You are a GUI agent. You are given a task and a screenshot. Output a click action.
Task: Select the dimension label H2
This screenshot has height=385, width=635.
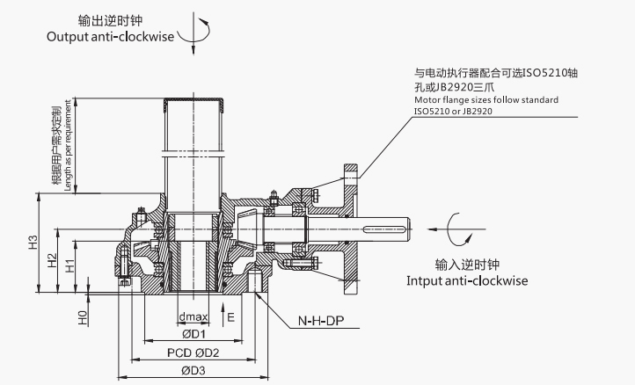point(52,260)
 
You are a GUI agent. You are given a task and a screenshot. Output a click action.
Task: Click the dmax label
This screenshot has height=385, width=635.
point(193,316)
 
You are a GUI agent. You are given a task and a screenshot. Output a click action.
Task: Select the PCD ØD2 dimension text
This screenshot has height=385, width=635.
point(193,352)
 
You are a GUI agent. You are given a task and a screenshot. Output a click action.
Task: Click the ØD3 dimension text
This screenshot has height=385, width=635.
point(193,371)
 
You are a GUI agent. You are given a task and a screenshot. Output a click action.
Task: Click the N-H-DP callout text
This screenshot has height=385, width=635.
point(317,322)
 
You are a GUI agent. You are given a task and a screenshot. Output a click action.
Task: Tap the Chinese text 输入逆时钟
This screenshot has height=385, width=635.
point(466,264)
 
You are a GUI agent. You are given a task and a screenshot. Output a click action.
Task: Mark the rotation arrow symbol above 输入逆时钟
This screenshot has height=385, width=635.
point(457,230)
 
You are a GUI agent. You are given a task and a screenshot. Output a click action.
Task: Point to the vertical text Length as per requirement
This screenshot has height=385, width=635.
point(67,149)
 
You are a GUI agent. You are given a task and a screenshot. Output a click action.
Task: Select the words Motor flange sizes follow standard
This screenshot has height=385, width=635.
point(485,100)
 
